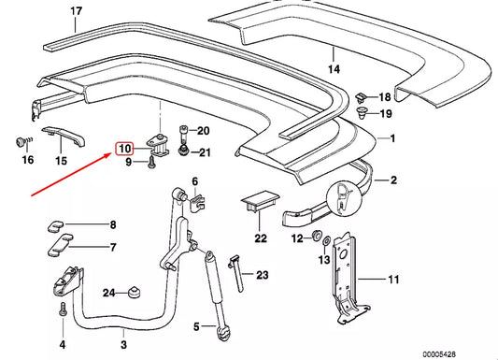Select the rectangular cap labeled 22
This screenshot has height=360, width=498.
pyautogui.click(x=254, y=204)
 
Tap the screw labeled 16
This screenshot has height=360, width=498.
pyautogui.click(x=18, y=141)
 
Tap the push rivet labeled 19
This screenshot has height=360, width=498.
pyautogui.click(x=361, y=115)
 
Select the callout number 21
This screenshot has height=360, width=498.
pyautogui.click(x=205, y=153)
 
